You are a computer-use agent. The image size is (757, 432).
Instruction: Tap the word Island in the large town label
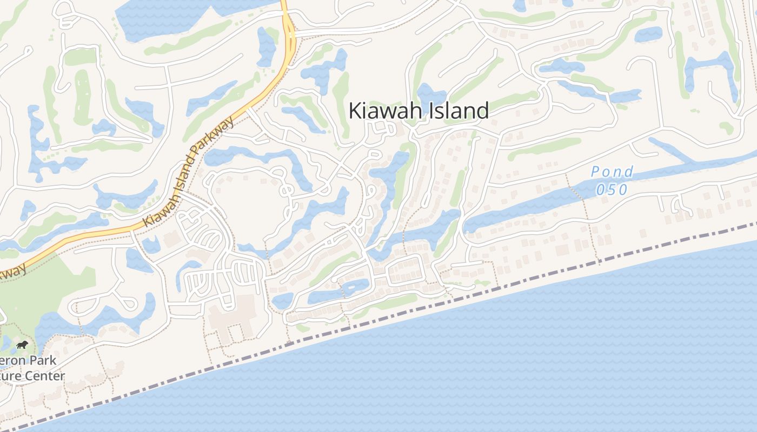460,111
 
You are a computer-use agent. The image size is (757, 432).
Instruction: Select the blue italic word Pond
612,172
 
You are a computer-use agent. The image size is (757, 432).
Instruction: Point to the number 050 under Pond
612,190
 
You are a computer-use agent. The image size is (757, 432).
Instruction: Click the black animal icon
22,345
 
